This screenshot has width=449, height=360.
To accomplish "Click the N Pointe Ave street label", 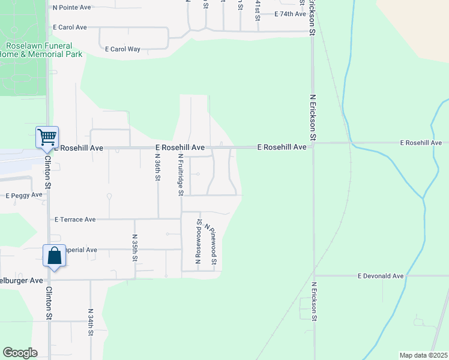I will (71, 7).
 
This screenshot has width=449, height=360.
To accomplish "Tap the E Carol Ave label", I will (70, 28).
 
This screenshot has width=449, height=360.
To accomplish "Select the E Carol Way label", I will (123, 49).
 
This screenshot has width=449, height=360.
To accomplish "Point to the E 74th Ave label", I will (291, 14).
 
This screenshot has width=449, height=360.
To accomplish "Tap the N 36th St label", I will (157, 167).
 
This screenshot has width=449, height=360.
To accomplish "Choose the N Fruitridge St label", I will (180, 174).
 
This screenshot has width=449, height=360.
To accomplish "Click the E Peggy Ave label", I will (24, 195).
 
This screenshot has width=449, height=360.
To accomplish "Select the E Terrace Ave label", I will (75, 220).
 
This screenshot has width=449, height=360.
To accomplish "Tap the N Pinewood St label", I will (211, 244).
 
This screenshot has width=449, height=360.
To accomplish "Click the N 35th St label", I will (135, 247).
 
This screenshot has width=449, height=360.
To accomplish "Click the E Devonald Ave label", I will (381, 276).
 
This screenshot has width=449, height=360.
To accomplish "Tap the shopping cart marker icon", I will (47, 137).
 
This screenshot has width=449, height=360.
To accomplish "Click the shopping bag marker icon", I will (54, 256).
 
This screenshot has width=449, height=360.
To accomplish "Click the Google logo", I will (20, 353).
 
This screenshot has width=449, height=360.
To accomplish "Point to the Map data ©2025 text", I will (423, 355).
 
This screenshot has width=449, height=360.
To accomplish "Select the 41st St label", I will (258, 10).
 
